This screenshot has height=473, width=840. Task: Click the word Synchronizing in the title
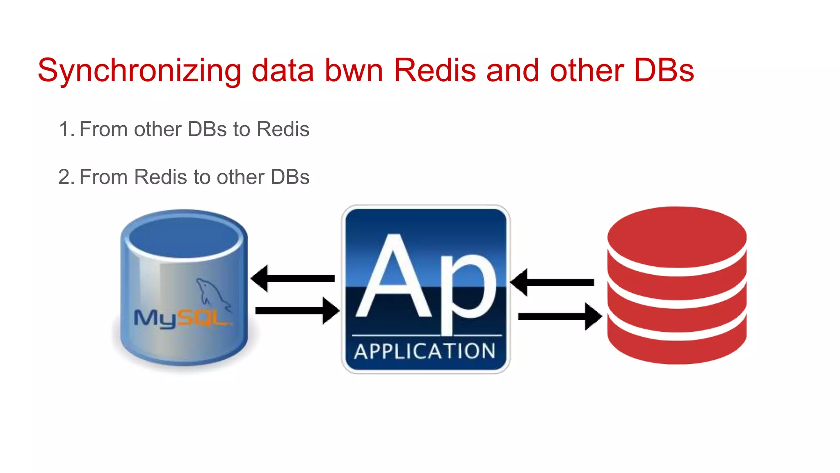pos(139,71)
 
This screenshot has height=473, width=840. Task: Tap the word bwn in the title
pos(354,71)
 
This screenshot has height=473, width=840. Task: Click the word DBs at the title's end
pos(663,71)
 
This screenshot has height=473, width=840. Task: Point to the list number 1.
pos(66,129)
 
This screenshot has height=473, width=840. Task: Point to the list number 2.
pos(66,177)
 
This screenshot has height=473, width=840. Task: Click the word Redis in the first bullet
pos(283,129)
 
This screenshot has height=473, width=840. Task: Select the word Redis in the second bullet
pos(160,177)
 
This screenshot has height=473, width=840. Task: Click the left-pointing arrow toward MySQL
pos(293,278)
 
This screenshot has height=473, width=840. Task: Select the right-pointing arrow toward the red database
pos(560,316)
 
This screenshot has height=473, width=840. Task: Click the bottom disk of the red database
pos(677,349)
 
